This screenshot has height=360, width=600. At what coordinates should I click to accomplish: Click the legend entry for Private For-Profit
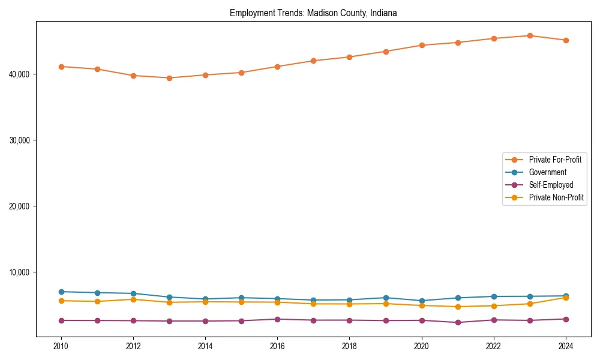(x=555, y=160)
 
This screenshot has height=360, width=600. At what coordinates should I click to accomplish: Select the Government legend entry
(x=547, y=172)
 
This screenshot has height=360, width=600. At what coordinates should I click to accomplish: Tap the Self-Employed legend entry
(x=551, y=185)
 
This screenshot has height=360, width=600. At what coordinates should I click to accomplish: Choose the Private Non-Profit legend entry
(x=556, y=197)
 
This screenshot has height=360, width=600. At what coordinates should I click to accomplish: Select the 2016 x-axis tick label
(x=277, y=346)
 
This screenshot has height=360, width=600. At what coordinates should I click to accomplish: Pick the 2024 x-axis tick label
(x=566, y=346)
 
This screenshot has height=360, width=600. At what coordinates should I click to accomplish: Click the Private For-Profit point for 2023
(x=530, y=35)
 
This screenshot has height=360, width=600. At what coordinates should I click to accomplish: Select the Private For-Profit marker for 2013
(x=169, y=78)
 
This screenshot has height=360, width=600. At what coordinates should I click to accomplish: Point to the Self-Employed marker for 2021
(x=458, y=322)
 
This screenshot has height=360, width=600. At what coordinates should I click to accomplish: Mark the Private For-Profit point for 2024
(x=566, y=40)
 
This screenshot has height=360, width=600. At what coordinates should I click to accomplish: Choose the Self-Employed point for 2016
(x=277, y=319)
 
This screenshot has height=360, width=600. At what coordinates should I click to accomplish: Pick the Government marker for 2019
(x=386, y=298)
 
